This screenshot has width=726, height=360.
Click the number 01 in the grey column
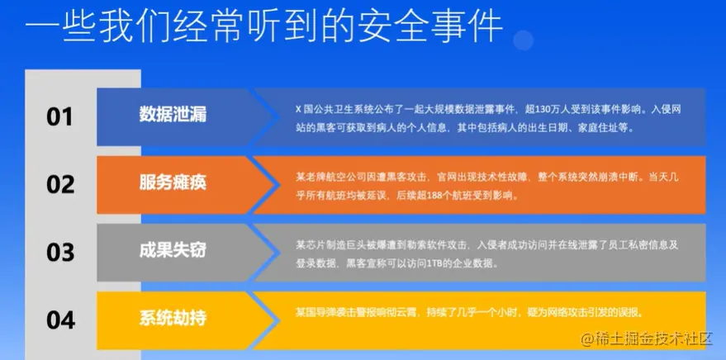[59, 116]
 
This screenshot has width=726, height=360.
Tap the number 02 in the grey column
[60, 184]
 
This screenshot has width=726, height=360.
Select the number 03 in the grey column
[60, 252]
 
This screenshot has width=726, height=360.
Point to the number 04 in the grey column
[60, 320]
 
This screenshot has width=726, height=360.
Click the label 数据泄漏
[173, 114]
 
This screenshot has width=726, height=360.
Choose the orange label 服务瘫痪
[173, 182]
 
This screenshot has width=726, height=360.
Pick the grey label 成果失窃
[173, 250]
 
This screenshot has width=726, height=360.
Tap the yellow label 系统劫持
[173, 319]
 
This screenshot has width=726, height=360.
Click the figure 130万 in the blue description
[549, 110]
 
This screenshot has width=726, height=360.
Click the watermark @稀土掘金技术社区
[647, 339]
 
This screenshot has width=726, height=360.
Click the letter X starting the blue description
[299, 110]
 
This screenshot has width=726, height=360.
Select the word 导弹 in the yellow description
[324, 313]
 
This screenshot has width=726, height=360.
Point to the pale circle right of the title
[523, 40]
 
